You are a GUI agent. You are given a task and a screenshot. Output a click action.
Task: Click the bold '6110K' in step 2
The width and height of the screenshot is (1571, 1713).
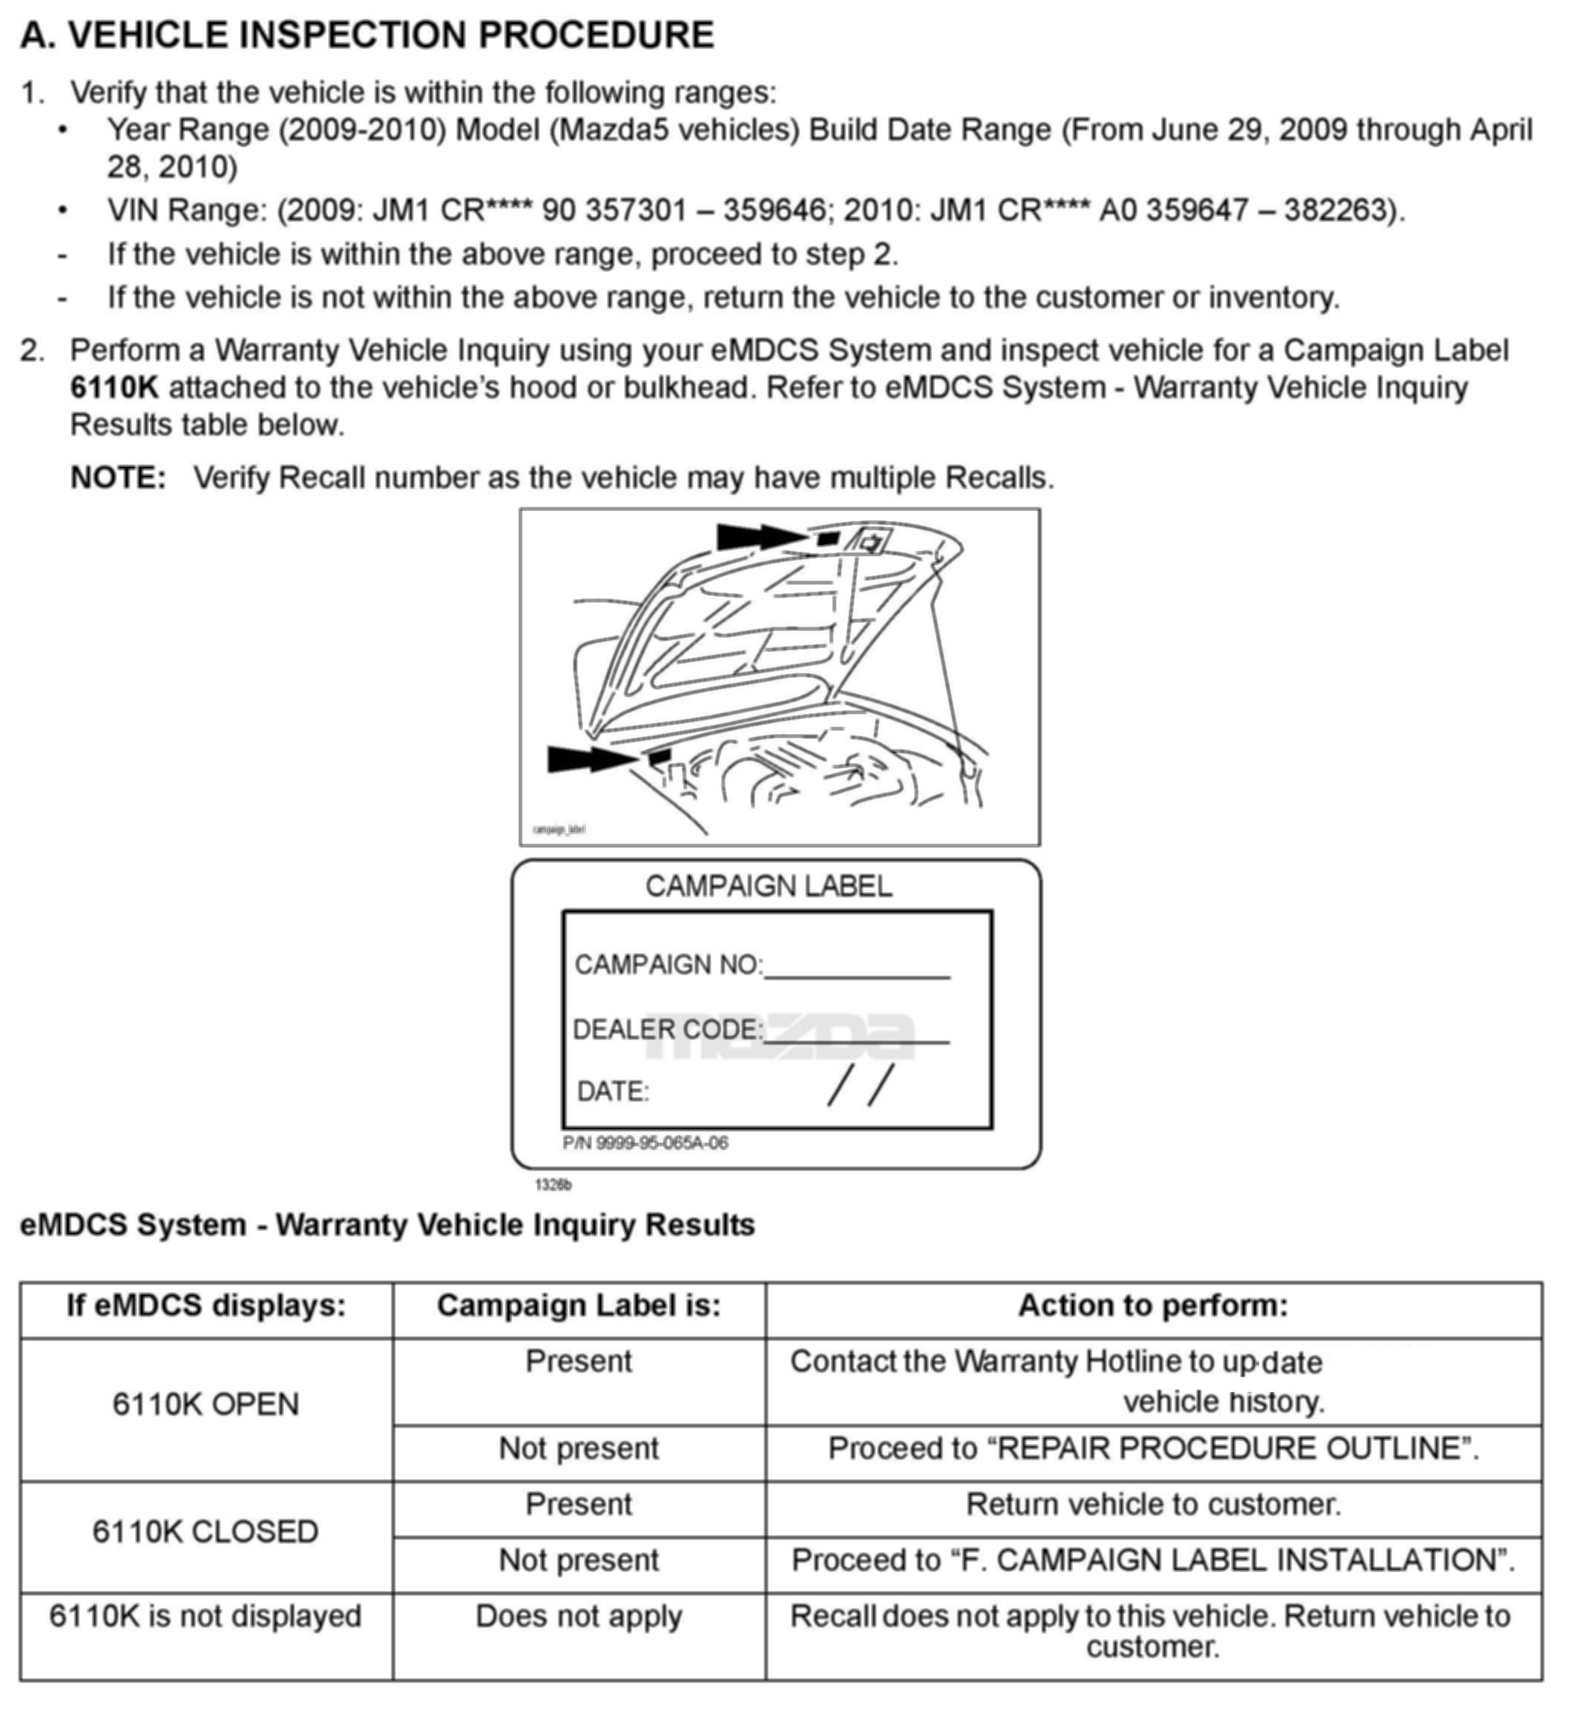tap(114, 388)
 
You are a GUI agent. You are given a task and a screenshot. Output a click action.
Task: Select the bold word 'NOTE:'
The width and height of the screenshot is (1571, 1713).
tap(118, 478)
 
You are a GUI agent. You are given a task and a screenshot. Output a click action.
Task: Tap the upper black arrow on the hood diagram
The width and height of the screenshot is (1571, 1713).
tap(760, 537)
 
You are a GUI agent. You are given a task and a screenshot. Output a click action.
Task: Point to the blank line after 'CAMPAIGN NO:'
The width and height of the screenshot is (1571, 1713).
tap(857, 972)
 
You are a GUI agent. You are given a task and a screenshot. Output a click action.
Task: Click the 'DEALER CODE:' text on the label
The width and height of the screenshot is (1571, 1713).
tap(667, 1030)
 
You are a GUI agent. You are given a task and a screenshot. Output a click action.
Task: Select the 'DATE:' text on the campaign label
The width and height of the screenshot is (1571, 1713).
tap(613, 1092)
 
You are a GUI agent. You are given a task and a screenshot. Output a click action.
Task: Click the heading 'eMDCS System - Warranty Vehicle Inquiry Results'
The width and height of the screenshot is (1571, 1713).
tap(387, 1225)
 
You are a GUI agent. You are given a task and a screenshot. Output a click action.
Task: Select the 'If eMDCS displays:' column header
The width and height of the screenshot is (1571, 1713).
tap(207, 1306)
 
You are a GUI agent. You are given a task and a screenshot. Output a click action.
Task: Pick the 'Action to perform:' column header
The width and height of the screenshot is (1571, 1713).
tap(1153, 1306)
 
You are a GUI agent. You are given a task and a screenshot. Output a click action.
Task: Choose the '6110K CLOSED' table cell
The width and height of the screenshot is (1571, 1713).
tap(206, 1532)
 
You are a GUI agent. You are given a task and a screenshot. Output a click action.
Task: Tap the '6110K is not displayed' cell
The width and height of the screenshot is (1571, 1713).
tap(206, 1616)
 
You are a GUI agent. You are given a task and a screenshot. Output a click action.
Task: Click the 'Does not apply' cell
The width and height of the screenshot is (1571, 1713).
tap(579, 1616)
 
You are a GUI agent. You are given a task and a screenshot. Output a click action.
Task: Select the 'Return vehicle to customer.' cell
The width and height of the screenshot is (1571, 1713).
tap(1153, 1505)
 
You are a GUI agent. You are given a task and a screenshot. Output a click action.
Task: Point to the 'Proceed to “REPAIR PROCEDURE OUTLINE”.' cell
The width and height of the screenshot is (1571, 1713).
tap(1153, 1448)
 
